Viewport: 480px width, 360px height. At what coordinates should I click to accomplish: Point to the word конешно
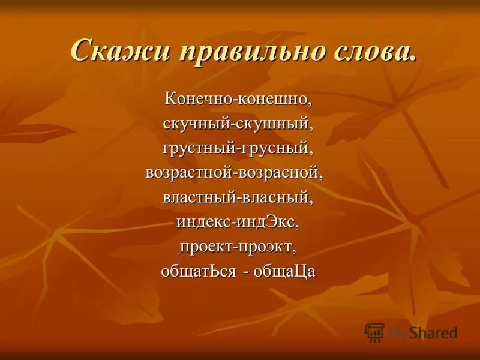[x=275, y=97]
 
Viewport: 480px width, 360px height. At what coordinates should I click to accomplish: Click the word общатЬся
[x=198, y=271]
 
